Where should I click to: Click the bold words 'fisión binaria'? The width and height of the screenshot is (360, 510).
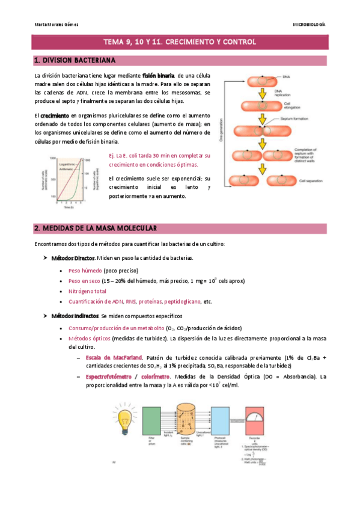[x=158, y=75]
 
